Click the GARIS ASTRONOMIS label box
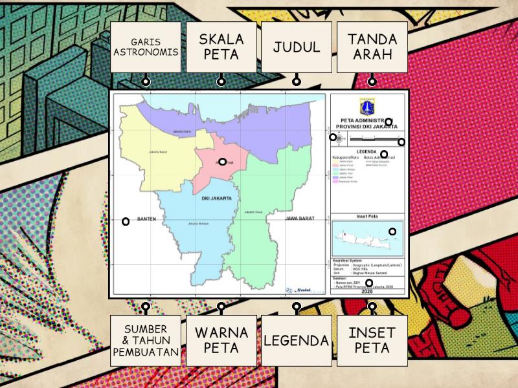[146, 47]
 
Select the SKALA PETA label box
[221, 47]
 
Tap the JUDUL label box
[296, 47]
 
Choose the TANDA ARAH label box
[372, 47]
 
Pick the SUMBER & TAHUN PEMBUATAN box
[146, 340]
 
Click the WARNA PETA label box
[221, 340]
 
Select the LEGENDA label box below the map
[296, 340]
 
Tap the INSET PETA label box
[372, 340]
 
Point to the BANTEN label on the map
[147, 219]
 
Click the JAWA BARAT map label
[300, 219]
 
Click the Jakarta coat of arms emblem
[367, 106]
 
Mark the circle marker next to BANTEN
[126, 221]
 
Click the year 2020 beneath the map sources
[368, 292]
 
